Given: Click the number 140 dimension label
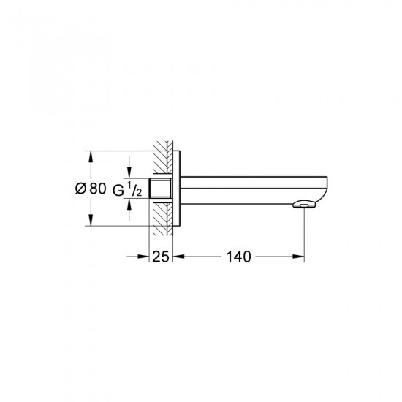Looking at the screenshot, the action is (238, 257).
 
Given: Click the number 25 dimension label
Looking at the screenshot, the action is (161, 257).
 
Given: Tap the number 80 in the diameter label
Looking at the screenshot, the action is (98, 189).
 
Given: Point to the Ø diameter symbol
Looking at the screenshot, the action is (80, 189).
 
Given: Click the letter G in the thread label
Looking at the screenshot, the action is (118, 190).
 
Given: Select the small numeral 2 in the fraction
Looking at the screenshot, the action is (139, 193).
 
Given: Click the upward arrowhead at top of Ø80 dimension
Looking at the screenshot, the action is (90, 156).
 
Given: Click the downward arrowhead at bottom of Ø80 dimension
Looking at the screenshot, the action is (90, 221).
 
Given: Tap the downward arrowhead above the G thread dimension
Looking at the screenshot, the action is (129, 172).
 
